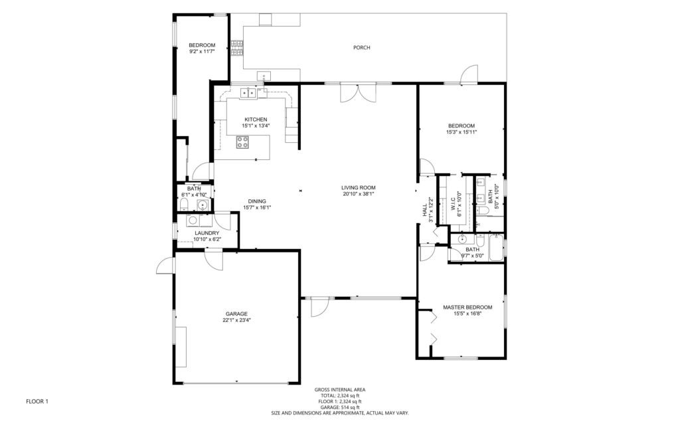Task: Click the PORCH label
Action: point(362,48)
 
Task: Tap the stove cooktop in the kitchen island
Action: point(243,142)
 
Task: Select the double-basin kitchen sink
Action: point(248,92)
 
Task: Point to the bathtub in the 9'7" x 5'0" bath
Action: point(497,248)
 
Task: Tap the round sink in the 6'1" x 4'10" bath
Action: point(202,205)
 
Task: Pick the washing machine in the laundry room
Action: point(193,220)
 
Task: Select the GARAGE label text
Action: point(236,314)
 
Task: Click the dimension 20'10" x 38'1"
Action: point(359,194)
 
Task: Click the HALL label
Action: point(424,210)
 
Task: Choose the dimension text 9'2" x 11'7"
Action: point(202,51)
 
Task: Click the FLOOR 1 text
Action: point(37,402)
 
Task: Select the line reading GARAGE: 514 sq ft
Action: point(339,407)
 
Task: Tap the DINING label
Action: point(257,201)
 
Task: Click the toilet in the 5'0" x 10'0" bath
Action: point(483,211)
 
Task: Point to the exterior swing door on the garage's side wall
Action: point(165,266)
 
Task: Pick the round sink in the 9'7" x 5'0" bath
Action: point(463,239)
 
